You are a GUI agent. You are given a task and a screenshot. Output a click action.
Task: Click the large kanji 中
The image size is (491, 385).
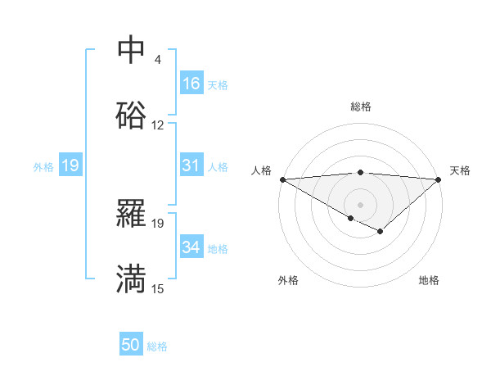pos(131,51)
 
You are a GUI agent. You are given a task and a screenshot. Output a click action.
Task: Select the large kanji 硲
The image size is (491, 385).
pos(131,115)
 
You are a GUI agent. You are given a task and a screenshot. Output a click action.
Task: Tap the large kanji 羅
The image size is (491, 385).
pos(131,215)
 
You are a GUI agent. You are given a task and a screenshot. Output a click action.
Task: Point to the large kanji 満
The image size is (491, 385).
pos(131,279)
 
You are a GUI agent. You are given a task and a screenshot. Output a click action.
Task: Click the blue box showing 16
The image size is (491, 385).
pos(191,84)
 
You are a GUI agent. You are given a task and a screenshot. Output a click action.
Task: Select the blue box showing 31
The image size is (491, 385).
pos(191,165)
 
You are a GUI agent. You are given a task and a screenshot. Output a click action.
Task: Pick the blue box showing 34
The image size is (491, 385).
pos(191,247)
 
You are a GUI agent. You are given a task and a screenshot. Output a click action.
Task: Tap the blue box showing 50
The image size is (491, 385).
pos(131,345)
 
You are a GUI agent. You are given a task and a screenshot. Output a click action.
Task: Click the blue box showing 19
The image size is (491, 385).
pos(70,165)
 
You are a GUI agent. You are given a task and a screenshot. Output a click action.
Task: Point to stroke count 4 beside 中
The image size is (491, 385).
pos(158,60)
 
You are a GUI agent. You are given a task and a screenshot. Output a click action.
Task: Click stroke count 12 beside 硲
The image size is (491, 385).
pos(158,125)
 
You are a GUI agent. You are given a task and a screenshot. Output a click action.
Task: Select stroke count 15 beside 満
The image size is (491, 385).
pos(158,288)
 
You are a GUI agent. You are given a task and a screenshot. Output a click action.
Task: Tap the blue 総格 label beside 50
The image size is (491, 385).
pos(157,346)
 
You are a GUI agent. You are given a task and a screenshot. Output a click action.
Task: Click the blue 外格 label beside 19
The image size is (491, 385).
pos(43,166)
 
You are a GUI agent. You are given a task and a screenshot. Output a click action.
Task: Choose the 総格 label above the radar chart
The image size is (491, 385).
pos(361,106)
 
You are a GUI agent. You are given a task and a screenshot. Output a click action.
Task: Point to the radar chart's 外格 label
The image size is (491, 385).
pos(288,280)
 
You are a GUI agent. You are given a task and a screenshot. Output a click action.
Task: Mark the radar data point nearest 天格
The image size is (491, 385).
pos(439,179)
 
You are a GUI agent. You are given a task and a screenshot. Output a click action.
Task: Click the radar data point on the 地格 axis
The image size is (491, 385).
pos(380,232)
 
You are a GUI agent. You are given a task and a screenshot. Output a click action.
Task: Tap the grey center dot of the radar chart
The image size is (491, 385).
pos(361,204)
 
